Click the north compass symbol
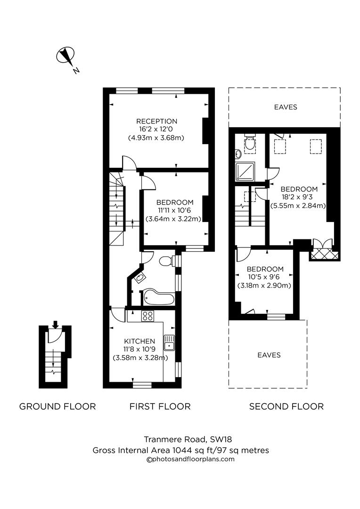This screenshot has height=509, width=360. tap(65, 57)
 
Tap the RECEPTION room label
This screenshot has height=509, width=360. tap(156, 121)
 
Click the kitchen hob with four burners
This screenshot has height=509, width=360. tap(147, 316)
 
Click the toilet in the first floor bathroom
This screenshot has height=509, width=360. tap(165, 261)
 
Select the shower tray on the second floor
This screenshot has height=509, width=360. tap(245, 172)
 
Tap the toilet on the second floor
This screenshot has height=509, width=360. tap(250, 141)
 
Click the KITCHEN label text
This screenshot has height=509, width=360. tap(139, 341)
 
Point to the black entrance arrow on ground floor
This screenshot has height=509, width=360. tap(55, 324)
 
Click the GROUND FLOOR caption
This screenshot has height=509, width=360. tap(57, 406)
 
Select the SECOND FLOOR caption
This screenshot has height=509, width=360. tap(286, 406)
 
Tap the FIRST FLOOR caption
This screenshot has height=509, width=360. tap(160, 406)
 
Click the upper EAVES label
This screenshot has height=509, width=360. tap(286, 107)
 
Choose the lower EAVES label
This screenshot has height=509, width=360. tap(269, 355)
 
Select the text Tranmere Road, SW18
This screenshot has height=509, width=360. tap(180, 440)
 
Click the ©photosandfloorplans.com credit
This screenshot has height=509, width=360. tap(191, 459)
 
